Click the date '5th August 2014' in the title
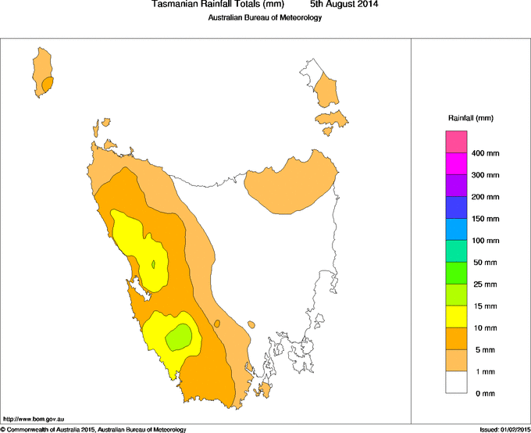coord(344,5)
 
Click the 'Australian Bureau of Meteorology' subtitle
coord(265,18)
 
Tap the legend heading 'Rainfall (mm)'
coord(470,118)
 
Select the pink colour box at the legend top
coord(456,142)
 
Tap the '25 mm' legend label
coord(483,284)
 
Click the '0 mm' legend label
coord(483,393)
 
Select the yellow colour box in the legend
coord(456,317)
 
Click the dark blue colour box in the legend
coord(456,207)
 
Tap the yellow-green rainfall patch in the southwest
coord(179,336)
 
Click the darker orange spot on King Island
coord(48,82)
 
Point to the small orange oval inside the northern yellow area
coord(154,264)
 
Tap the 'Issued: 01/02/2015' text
coord(504,429)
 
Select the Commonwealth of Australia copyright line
coord(94,429)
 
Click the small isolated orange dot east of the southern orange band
coord(251,324)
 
